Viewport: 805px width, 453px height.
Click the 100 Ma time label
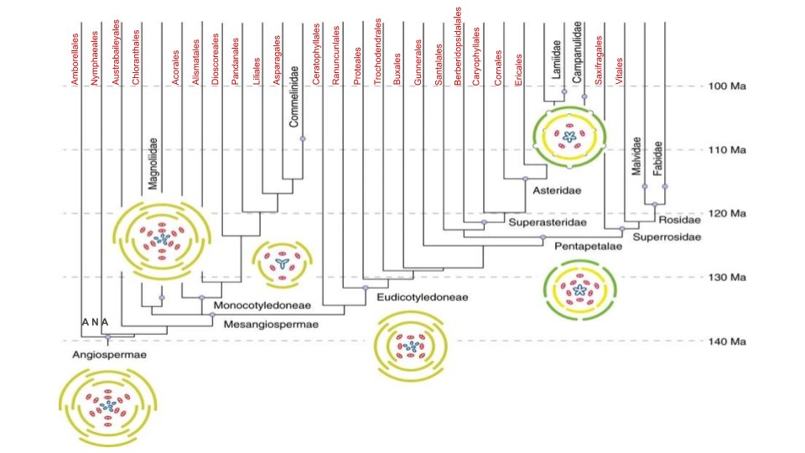click(x=727, y=86)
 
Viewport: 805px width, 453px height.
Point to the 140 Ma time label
click(x=727, y=341)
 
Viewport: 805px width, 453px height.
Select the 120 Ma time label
click(x=727, y=214)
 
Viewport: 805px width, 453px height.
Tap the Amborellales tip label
click(x=75, y=59)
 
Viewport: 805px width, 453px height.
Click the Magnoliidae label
click(x=153, y=164)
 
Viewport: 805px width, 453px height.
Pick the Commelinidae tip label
click(x=293, y=96)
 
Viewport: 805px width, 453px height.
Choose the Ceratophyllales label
click(x=316, y=54)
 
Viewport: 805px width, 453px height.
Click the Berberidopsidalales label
click(x=458, y=45)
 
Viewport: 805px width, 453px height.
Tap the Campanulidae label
click(x=578, y=52)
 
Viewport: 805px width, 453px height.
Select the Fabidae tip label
click(x=657, y=159)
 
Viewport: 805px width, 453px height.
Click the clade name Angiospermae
click(x=109, y=355)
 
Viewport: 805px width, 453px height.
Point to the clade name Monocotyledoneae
click(x=262, y=305)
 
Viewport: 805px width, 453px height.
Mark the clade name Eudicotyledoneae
click(x=423, y=297)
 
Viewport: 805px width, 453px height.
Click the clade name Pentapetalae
click(x=589, y=247)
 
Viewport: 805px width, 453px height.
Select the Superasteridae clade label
click(x=548, y=222)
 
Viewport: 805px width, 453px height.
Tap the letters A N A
click(x=96, y=322)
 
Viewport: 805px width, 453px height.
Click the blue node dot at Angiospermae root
click(x=108, y=337)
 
